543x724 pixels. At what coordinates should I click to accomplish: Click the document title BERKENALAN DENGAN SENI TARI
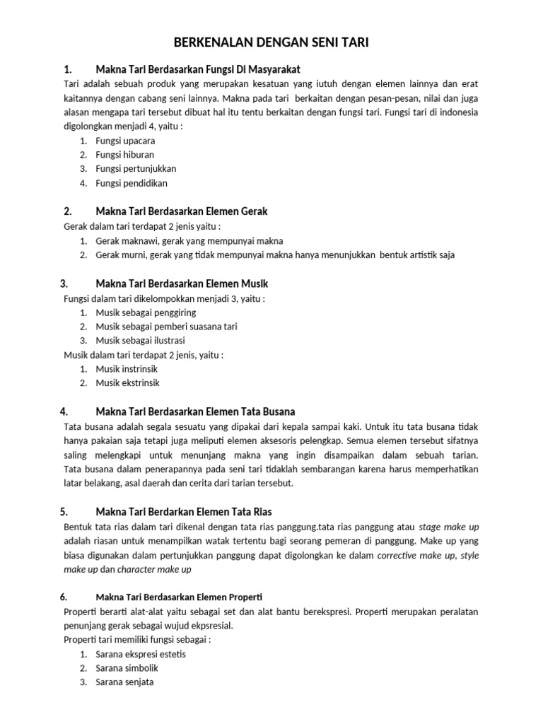click(x=271, y=43)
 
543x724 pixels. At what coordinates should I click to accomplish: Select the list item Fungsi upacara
click(x=125, y=141)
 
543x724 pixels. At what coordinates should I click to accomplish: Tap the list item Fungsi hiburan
click(x=124, y=155)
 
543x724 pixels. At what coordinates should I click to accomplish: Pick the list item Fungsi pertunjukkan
click(x=136, y=169)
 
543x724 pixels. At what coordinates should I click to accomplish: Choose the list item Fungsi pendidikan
click(x=132, y=183)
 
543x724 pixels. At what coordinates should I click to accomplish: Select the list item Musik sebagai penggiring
click(x=146, y=312)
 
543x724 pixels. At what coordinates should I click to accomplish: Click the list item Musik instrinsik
click(x=127, y=368)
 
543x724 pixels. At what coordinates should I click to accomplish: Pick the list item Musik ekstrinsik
click(x=127, y=383)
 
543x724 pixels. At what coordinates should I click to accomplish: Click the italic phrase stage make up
click(x=449, y=527)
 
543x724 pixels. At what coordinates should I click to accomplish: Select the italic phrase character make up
click(x=154, y=569)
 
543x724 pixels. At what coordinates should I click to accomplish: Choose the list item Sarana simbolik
click(x=127, y=668)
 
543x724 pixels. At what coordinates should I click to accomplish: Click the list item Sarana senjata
click(x=124, y=682)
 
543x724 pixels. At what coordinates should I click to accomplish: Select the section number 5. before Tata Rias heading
click(x=64, y=511)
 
